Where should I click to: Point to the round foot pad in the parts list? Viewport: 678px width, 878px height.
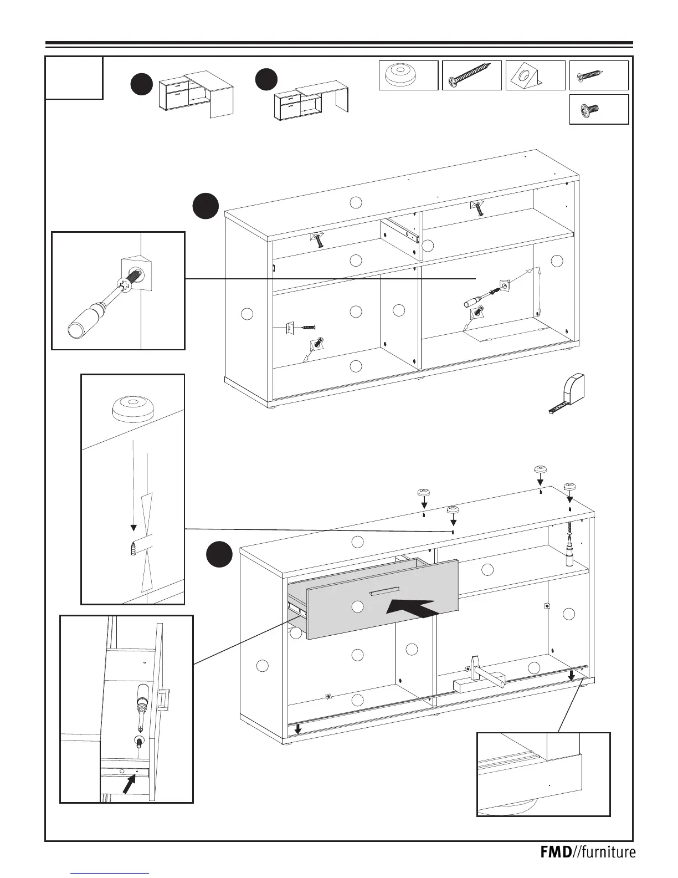tap(402, 75)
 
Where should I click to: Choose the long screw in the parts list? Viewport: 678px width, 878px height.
tap(471, 75)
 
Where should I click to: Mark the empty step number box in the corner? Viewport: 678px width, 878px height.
tap(74, 78)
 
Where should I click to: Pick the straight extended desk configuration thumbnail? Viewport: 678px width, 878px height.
tap(312, 100)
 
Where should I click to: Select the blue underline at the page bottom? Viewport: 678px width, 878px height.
tap(110, 872)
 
